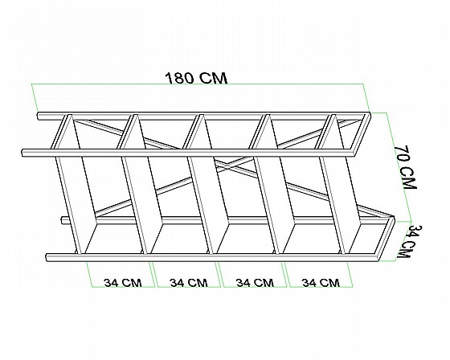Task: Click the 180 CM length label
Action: (x=196, y=78)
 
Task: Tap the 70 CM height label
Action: (x=405, y=167)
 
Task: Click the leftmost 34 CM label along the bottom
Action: (x=123, y=283)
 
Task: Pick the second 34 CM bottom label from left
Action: (x=189, y=283)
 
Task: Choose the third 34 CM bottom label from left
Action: (x=255, y=283)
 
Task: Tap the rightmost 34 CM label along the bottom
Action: (x=321, y=283)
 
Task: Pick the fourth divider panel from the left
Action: (x=272, y=184)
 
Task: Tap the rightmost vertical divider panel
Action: (x=338, y=184)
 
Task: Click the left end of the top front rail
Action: (x=23, y=153)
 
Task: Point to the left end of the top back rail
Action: (x=39, y=116)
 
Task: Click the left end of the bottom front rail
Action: (x=47, y=257)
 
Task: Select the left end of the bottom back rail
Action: (x=63, y=220)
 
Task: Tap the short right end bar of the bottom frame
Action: (x=387, y=239)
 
